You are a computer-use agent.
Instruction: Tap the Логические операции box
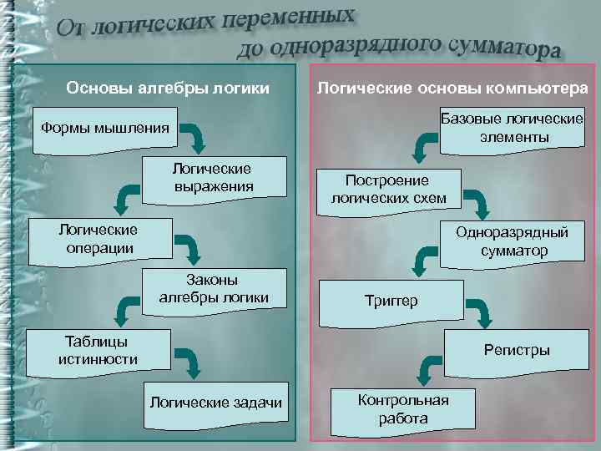[98, 238]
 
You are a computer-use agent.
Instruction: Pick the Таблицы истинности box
[98, 351]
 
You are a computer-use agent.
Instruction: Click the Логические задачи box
[215, 403]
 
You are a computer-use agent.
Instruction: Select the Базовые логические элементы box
[511, 128]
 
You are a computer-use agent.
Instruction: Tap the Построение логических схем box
[388, 190]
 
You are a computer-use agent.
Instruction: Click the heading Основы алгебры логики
[167, 88]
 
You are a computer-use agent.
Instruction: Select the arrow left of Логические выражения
[126, 199]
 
